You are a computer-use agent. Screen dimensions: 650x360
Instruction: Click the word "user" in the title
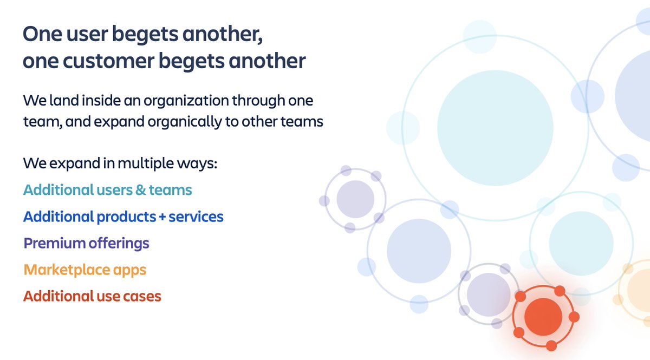[82, 35]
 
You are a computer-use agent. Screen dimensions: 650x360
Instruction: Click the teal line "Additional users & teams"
[107, 190]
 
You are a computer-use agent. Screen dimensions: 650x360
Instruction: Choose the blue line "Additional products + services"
[123, 217]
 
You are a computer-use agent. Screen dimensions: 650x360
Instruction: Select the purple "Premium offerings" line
[86, 243]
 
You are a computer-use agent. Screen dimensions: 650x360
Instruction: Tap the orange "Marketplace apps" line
[84, 270]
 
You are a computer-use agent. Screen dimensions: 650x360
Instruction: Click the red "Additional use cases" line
[92, 296]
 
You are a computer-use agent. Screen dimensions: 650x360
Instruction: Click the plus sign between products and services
[162, 217]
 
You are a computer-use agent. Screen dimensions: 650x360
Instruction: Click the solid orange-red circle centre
[543, 316]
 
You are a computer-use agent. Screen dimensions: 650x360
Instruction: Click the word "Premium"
[50, 243]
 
